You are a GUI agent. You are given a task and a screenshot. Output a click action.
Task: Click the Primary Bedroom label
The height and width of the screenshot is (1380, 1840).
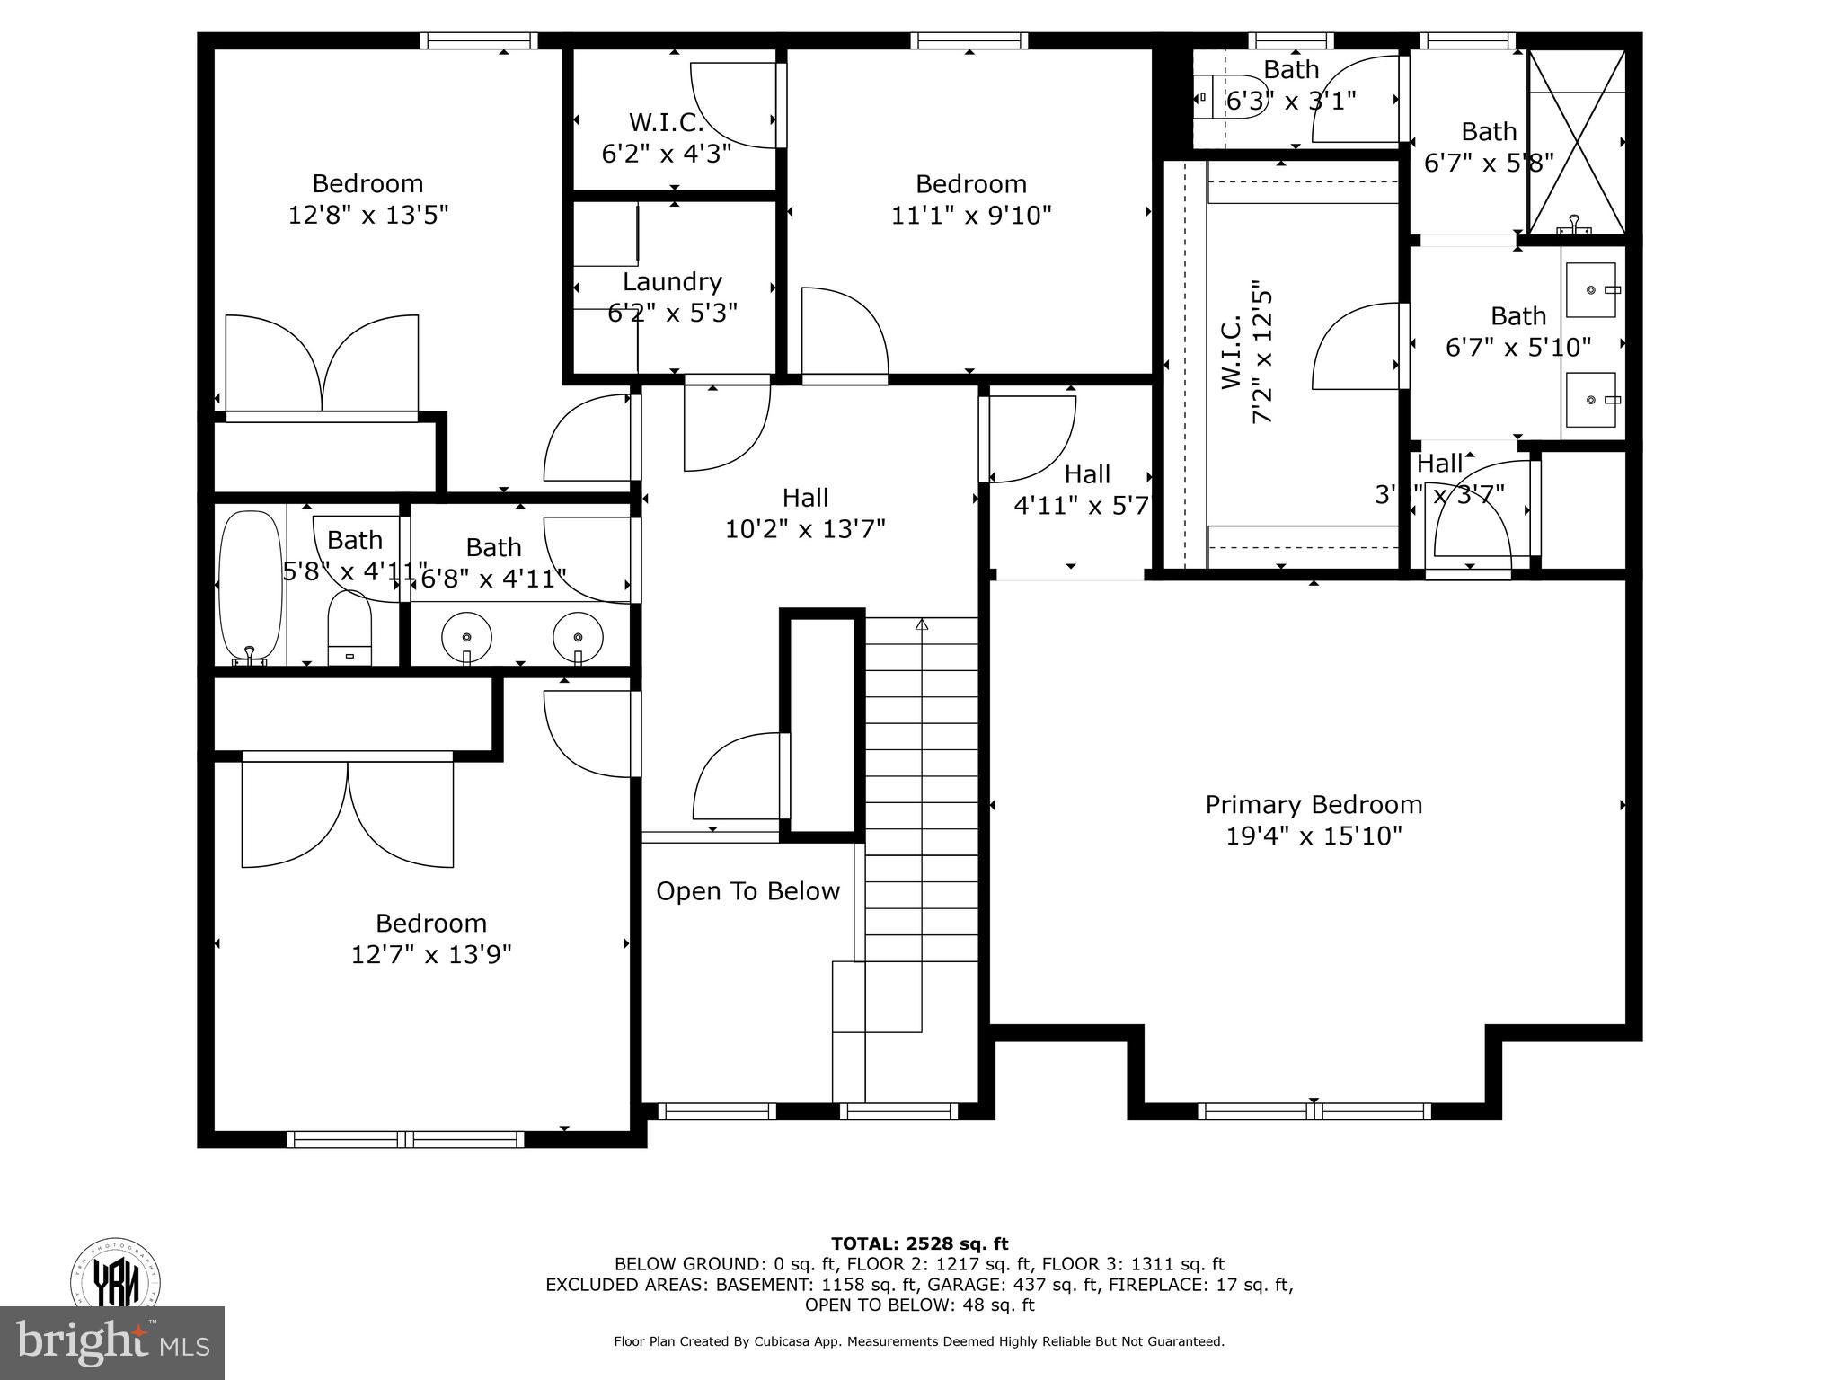tap(1314, 804)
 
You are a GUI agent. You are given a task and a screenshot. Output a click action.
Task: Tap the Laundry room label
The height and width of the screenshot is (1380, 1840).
tap(672, 282)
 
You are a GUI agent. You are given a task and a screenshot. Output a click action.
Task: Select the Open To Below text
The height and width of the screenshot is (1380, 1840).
tap(747, 891)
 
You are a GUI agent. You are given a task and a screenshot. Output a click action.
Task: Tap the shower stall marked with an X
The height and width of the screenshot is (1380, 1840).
tap(1577, 142)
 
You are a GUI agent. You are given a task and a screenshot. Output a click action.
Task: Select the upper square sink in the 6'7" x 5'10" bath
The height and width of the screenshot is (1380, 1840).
tap(1591, 290)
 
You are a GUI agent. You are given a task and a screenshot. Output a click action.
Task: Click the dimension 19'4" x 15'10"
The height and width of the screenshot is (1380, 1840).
tap(1314, 836)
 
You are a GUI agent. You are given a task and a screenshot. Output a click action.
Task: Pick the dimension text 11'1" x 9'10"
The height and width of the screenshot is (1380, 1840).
tap(970, 216)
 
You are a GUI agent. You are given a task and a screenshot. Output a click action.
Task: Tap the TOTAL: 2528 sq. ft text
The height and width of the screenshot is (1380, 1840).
tap(919, 1244)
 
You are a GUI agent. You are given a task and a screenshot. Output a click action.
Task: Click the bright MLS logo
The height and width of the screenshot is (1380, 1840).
tap(112, 1342)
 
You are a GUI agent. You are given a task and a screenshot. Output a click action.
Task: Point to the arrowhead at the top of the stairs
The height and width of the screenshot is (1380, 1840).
tap(921, 624)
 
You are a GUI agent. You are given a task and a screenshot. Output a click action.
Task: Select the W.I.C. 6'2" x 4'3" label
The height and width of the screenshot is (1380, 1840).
tap(666, 137)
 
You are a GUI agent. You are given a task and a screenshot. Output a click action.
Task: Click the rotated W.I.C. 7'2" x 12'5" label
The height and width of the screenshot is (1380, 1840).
tap(1246, 357)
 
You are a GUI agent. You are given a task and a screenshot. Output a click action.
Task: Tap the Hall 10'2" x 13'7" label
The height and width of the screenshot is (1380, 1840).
tap(805, 513)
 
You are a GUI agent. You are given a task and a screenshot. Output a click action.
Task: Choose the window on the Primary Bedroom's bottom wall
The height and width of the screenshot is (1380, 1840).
tap(1314, 1110)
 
